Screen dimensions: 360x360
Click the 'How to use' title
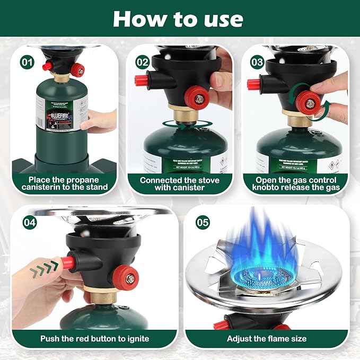(x=178, y=19)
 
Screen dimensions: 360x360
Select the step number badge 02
(x=142, y=62)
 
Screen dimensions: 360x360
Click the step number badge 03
(x=257, y=62)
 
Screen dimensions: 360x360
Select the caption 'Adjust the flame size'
(x=267, y=338)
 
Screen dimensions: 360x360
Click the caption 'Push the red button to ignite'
(x=95, y=338)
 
